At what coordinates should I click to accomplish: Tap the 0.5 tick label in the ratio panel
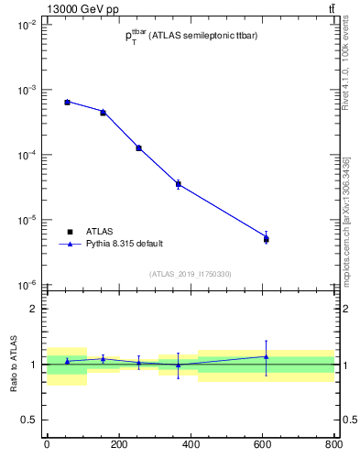point(29,420)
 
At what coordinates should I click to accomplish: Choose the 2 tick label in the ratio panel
point(34,309)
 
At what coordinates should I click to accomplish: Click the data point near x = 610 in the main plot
point(266,239)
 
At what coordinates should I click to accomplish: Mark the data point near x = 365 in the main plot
point(178,184)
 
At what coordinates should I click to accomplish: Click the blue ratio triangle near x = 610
point(266,356)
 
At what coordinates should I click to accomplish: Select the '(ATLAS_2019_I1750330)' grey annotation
point(191,274)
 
